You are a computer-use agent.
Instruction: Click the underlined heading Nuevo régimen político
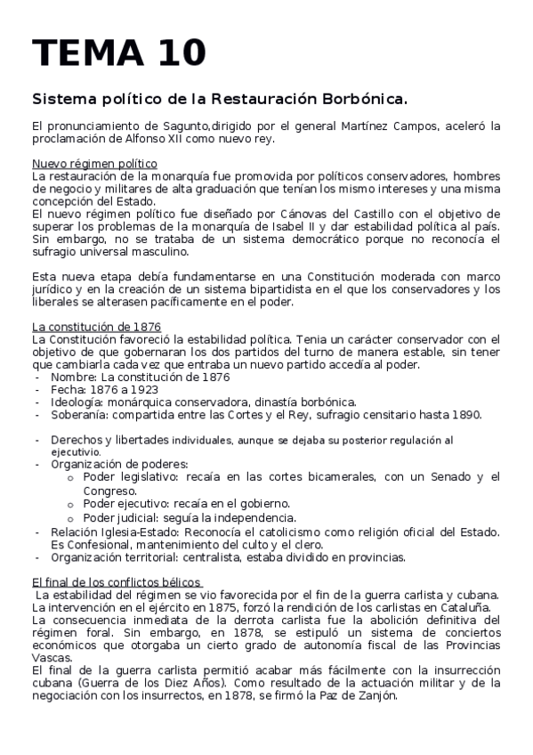click(x=94, y=164)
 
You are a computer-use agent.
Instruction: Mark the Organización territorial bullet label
click(x=110, y=557)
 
